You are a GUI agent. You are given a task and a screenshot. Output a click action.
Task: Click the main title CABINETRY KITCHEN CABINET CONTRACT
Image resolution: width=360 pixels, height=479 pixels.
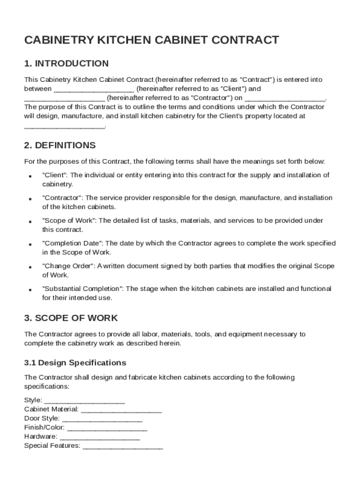151,40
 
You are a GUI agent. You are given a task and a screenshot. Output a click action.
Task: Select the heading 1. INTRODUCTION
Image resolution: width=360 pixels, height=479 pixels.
66,64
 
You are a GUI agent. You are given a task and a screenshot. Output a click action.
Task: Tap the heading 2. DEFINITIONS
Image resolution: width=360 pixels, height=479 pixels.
60,145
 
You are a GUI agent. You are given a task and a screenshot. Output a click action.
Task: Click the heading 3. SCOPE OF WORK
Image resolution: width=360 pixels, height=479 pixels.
71,318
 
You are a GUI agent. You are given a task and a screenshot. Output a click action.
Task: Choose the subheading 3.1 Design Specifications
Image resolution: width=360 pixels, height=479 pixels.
75,363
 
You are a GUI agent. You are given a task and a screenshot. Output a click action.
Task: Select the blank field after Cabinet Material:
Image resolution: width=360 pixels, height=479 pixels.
121,410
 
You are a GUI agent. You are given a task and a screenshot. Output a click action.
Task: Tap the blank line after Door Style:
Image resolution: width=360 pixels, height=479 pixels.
102,419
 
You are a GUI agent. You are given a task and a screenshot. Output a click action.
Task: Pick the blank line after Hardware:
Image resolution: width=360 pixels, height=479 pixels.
100,437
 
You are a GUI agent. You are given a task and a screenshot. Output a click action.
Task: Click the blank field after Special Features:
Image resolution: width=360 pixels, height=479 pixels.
122,446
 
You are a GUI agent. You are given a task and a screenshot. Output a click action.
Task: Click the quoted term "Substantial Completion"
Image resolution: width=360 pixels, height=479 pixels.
83,289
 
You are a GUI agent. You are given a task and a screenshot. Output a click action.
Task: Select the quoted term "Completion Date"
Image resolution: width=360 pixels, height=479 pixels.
72,243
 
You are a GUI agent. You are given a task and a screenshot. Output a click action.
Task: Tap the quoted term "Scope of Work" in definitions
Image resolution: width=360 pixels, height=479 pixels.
68,220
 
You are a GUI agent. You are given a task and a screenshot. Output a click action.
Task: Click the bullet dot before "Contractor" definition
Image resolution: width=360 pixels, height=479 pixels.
30,199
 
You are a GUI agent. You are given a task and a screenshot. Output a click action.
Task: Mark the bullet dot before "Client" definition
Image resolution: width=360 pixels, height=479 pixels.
30,176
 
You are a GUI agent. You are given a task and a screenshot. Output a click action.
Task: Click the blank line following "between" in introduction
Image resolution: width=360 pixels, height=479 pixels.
94,89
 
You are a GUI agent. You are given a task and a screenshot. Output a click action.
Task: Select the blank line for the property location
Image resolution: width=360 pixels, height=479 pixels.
65,126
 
